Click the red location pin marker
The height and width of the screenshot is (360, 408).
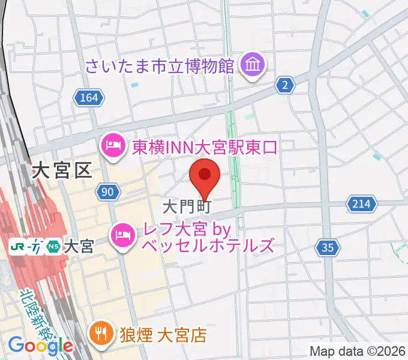(205, 176)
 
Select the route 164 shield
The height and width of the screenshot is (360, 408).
(90, 97)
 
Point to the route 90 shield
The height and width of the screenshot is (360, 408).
(107, 192)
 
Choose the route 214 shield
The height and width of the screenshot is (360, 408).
(361, 205)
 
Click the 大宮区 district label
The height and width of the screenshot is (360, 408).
(62, 170)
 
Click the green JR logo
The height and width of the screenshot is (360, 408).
(18, 246)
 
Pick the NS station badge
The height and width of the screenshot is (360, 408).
(54, 246)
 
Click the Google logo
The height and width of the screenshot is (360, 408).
(40, 345)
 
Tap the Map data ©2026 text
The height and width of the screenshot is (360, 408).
(358, 351)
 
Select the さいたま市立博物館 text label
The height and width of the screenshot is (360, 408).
(160, 65)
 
